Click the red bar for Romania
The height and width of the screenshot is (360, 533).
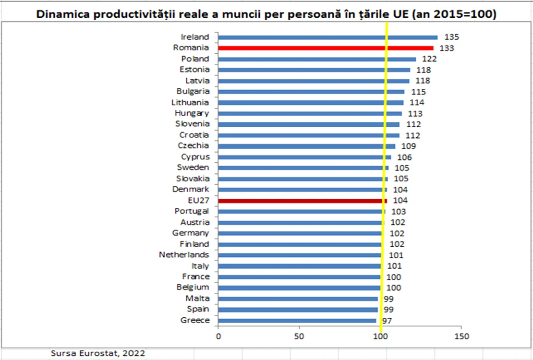point(326,48)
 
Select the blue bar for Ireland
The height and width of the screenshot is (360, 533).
point(327,37)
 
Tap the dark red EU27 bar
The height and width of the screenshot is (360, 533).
point(303,201)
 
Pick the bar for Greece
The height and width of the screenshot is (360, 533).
point(297,321)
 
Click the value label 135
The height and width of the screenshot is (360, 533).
point(451,37)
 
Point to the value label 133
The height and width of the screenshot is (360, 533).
point(447,48)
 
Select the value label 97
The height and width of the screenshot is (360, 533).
point(387,321)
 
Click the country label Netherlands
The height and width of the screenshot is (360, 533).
point(184,254)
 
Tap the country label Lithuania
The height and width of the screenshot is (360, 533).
point(190,102)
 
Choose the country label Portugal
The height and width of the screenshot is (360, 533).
point(192,211)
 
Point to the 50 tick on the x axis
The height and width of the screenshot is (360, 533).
point(299,336)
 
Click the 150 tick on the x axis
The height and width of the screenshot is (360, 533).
point(461,336)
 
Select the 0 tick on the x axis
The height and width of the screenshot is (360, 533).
point(218,336)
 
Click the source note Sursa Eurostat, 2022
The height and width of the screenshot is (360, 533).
point(98,353)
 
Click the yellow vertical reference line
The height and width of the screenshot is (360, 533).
point(384,177)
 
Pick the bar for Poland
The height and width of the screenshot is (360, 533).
point(317,59)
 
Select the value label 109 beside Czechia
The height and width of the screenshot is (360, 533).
point(409,146)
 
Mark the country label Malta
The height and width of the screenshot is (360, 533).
point(197,298)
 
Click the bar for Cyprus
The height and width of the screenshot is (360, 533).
point(304,157)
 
